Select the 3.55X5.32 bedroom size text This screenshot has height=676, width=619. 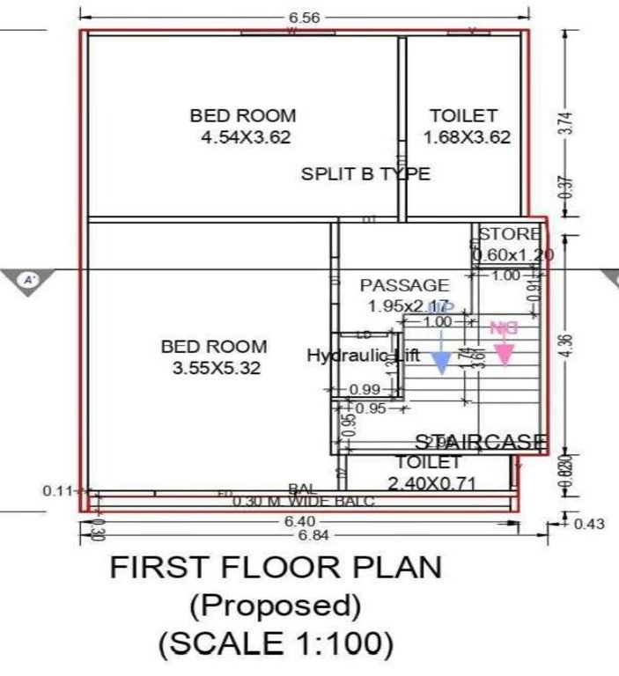tap(217, 369)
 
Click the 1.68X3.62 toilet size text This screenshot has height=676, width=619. tap(467, 137)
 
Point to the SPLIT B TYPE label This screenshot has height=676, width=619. tap(365, 173)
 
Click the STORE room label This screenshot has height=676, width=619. tap(510, 234)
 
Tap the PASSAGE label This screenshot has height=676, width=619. tap(404, 285)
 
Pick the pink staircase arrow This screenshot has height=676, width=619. tap(504, 350)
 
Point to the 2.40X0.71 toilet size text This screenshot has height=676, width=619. tap(429, 481)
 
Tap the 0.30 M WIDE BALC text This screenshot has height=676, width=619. tap(304, 502)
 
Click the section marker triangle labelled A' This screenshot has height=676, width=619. tap(30, 282)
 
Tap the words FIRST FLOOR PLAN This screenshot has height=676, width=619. tap(276, 568)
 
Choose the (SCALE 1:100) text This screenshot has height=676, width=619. tap(276, 644)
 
